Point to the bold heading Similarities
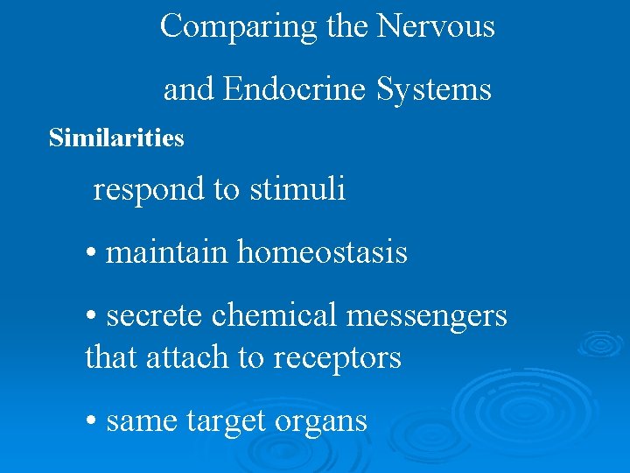point(116,138)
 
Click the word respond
point(150,189)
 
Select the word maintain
point(167,253)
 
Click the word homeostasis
point(322,253)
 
